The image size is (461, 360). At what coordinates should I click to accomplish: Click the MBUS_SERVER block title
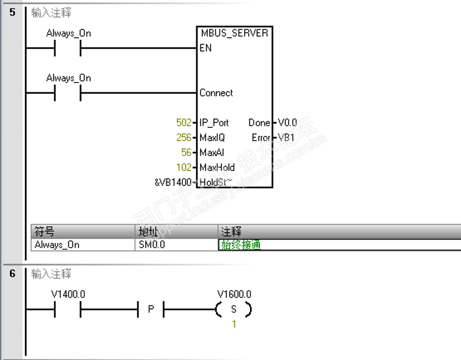point(234,33)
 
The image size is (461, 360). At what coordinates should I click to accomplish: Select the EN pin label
point(206,48)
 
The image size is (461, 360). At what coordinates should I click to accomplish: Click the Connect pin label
point(216,93)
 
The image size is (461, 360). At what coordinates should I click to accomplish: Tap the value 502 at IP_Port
point(183,122)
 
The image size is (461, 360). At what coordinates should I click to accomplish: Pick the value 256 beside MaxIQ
point(183,137)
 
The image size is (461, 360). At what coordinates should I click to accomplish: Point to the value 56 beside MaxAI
point(186,152)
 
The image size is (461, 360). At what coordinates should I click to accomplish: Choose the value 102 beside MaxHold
point(183,167)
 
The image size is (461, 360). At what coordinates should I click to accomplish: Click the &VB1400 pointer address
point(172,182)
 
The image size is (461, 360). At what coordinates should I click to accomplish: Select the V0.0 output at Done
point(287,122)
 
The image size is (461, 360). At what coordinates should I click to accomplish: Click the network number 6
point(12,274)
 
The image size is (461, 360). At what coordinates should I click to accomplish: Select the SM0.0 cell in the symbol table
point(152,245)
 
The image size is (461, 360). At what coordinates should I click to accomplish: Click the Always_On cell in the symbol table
point(56,245)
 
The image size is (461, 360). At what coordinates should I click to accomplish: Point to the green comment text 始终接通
point(241,245)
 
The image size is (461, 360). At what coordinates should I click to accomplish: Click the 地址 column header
point(146,232)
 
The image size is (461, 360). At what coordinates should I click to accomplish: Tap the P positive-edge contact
point(151,309)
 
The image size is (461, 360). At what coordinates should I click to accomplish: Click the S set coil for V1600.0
point(233,309)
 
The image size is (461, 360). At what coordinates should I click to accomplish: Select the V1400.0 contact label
point(68,294)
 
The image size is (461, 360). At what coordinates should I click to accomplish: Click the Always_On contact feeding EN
point(68,48)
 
